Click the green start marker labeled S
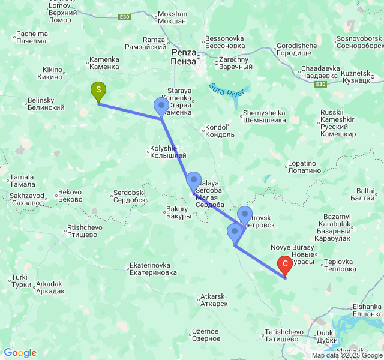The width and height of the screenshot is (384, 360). pos(98,91)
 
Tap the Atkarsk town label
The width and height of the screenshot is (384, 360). pos(214,300)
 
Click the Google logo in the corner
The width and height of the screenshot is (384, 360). pos(20,353)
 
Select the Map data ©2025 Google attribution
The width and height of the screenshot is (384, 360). pos(346,355)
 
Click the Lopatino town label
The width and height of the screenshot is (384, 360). pos(302,167)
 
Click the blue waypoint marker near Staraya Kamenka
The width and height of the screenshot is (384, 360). pos(162,106)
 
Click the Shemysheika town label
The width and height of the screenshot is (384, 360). pos(263,116)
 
